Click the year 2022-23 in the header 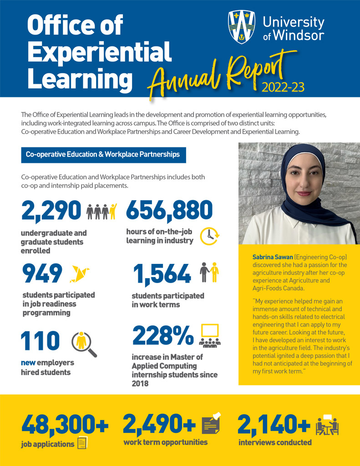tap(283, 86)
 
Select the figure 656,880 tap(169, 210)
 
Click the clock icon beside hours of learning tap(210, 235)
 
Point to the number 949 tap(42, 274)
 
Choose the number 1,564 tap(162, 274)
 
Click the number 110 tap(41, 341)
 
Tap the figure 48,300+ tap(65, 424)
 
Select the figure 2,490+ tap(159, 424)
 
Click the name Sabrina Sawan tap(272, 258)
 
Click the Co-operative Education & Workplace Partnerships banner tap(103, 155)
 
